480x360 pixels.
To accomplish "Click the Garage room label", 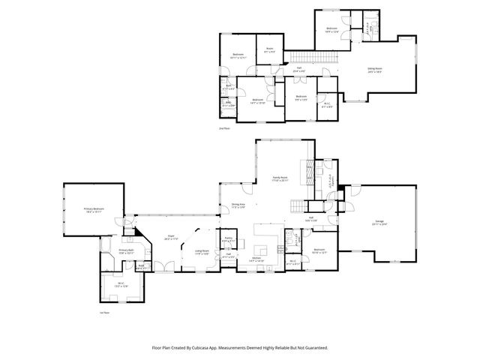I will pyautogui.click(x=381, y=223).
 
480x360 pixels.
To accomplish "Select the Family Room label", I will pyautogui.click(x=280, y=178).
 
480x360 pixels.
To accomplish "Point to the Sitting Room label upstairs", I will pyautogui.click(x=374, y=70).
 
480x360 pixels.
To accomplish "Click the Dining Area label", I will pyautogui.click(x=238, y=205).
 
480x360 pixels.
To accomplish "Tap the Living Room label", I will pyautogui.click(x=202, y=253).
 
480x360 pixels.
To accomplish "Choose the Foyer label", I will pyautogui.click(x=170, y=237).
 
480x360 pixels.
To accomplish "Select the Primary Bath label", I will pyautogui.click(x=126, y=251).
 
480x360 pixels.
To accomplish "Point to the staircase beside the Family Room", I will pyautogui.click(x=299, y=205).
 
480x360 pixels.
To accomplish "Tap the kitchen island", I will pyautogui.click(x=265, y=248).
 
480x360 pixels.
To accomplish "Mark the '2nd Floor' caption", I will pyautogui.click(x=223, y=128).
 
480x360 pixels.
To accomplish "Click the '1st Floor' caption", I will pyautogui.click(x=105, y=313).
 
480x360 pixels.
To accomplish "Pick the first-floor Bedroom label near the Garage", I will pyautogui.click(x=319, y=250).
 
